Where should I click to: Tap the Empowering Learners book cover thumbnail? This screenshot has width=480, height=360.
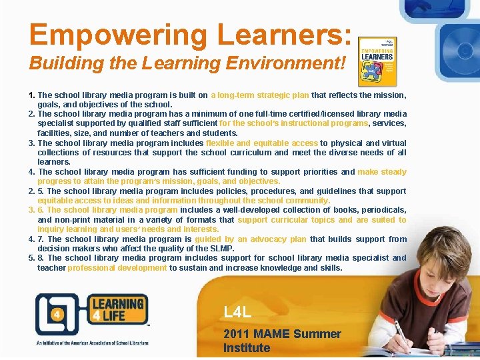click(x=377, y=61)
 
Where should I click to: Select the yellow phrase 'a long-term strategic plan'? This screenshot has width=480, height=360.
click(x=261, y=95)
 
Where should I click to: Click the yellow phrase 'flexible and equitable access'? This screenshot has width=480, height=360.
click(x=262, y=143)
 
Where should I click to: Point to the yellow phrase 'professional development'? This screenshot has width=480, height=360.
click(x=117, y=267)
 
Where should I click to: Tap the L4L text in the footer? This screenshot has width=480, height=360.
click(x=237, y=312)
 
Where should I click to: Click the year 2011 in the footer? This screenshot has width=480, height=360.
click(x=237, y=334)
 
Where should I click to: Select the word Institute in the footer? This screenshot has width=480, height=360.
click(x=247, y=348)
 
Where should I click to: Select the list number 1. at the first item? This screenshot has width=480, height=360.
click(x=32, y=95)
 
